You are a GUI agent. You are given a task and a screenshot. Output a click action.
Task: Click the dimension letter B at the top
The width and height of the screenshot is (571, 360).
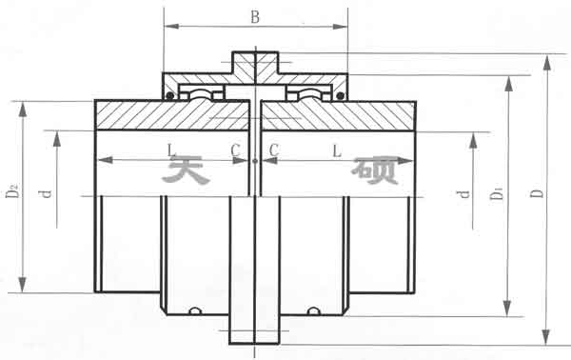254,16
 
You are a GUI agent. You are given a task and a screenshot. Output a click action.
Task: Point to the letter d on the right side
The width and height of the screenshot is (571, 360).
463,194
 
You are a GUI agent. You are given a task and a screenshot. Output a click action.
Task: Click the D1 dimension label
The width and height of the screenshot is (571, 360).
496,194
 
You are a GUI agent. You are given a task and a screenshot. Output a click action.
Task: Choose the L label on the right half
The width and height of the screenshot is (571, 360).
338,150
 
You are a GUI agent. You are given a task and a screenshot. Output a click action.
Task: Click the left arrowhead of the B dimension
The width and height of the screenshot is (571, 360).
168,26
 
